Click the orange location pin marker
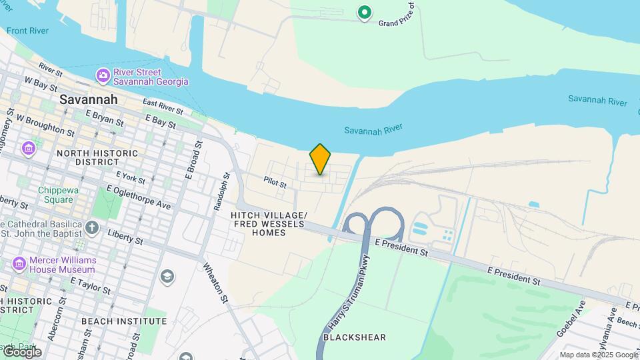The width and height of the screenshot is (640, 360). [x=320, y=159]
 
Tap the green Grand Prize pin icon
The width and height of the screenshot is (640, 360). [x=364, y=12]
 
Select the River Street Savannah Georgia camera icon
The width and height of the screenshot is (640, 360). [x=103, y=75]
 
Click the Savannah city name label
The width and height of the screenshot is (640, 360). [x=89, y=99]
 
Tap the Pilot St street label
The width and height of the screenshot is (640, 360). [x=275, y=182]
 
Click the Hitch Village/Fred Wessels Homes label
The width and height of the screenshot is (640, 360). [x=269, y=224]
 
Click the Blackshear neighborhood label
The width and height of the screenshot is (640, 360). [x=354, y=337]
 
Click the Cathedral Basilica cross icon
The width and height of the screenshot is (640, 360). [x=92, y=229]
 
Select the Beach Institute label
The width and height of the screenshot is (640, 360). [x=123, y=321]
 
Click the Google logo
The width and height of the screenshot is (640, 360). [x=21, y=351]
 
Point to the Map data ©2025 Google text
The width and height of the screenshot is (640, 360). [x=599, y=355]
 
